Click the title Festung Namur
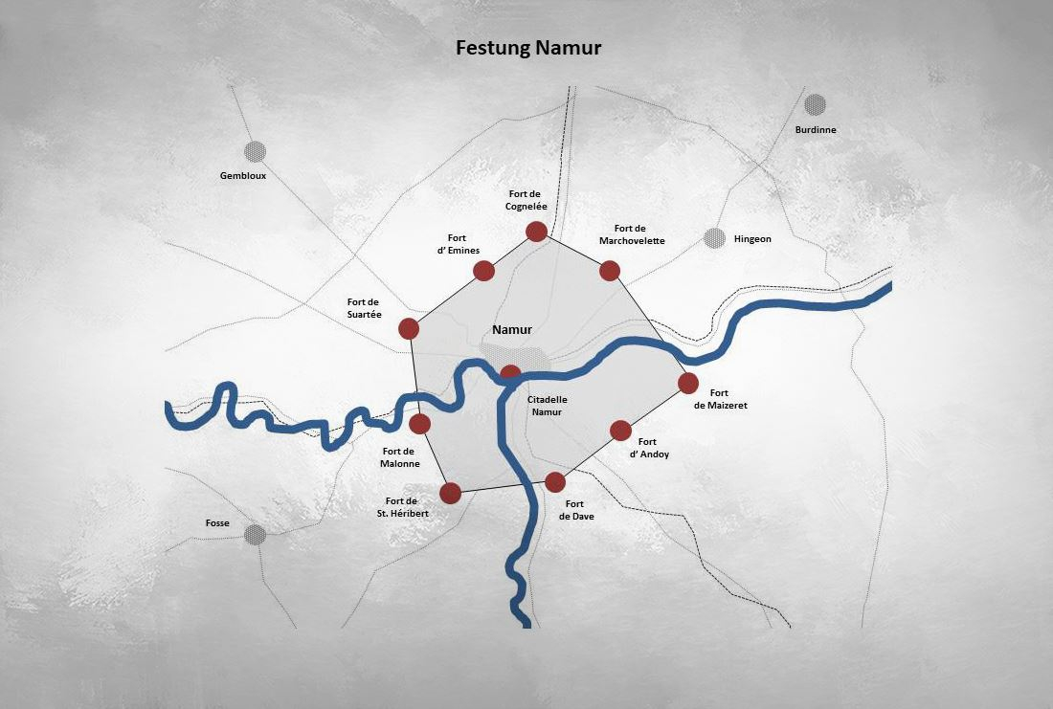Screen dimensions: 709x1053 [528, 48]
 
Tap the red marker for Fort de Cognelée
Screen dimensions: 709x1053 [536, 232]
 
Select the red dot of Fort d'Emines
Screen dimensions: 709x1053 [483, 271]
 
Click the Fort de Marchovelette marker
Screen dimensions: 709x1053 [610, 271]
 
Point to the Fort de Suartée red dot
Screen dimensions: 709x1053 [409, 329]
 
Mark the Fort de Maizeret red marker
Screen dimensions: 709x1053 [688, 384]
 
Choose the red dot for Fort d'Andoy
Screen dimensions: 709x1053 [620, 431]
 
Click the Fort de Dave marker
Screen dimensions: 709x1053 [555, 482]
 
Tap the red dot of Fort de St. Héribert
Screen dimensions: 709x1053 [450, 493]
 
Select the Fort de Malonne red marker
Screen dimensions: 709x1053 [419, 424]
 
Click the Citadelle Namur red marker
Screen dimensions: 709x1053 [511, 373]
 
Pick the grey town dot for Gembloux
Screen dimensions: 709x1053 [255, 151]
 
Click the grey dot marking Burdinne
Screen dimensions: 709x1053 [815, 104]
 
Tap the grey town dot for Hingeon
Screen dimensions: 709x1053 [715, 238]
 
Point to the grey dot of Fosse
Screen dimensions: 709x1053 [255, 534]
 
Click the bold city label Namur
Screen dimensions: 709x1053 [511, 330]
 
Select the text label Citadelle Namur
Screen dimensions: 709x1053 [548, 405]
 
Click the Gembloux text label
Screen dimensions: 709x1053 [243, 176]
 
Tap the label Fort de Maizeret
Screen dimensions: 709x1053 [720, 399]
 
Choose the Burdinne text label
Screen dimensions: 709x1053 [816, 129]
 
